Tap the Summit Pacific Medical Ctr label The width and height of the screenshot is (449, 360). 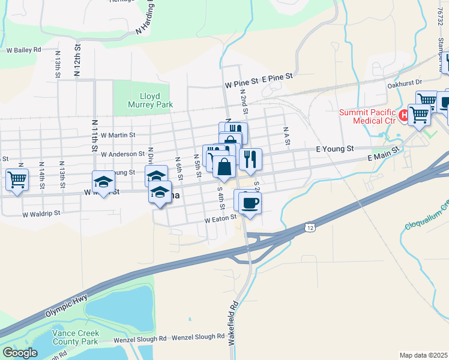coord(367,117)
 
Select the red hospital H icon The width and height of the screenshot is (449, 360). coord(404,114)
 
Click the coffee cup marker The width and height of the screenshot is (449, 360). coord(250,202)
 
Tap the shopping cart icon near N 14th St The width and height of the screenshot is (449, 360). coord(17,179)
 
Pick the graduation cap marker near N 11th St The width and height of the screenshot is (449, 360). coord(103,182)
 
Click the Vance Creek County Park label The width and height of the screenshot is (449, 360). coord(75,337)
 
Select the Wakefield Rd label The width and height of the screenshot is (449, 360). coord(234,324)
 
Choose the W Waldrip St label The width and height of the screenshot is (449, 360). coord(41,214)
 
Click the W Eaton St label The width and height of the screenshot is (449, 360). coord(221,220)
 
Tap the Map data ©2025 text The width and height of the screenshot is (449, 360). coord(424,355)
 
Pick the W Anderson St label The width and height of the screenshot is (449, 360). coord(122,154)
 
